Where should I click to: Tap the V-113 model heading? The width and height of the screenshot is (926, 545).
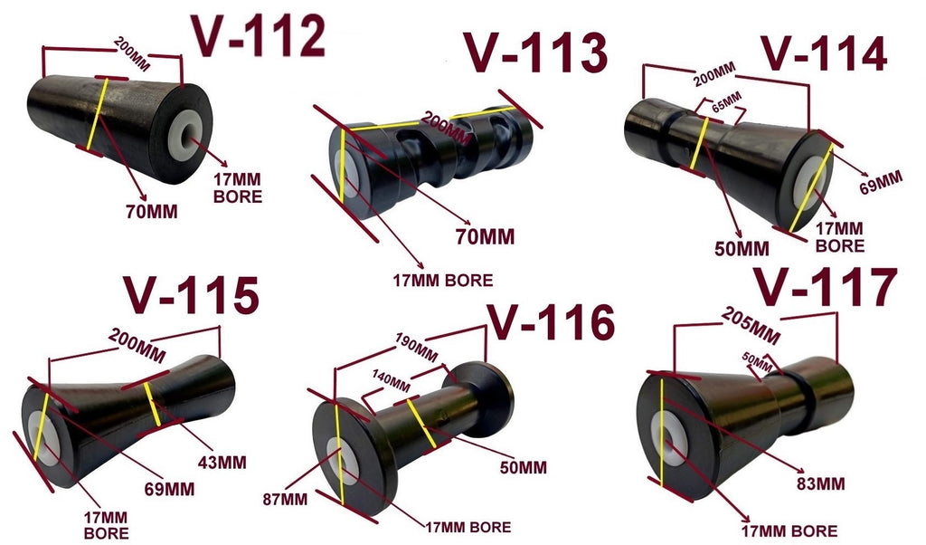point(535,56)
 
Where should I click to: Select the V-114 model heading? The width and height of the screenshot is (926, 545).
point(822,56)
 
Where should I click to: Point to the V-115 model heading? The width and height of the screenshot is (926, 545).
point(192,296)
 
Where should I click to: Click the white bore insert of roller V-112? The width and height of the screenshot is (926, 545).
point(187,132)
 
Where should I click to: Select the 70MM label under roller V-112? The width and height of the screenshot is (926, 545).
point(152,213)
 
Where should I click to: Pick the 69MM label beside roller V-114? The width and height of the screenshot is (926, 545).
point(880,181)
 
